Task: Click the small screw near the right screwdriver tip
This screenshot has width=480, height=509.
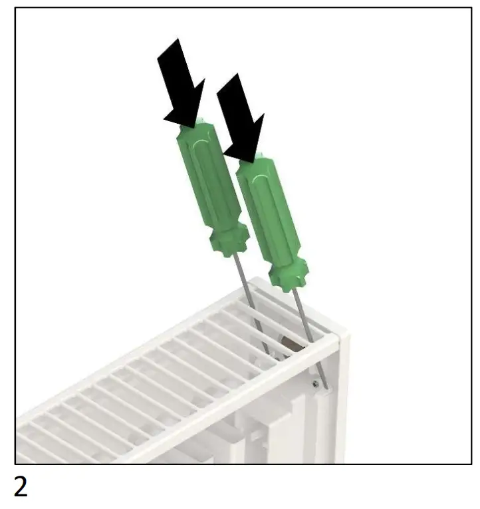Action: click(315, 383)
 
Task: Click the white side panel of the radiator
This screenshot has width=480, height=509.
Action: click(336, 413)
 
